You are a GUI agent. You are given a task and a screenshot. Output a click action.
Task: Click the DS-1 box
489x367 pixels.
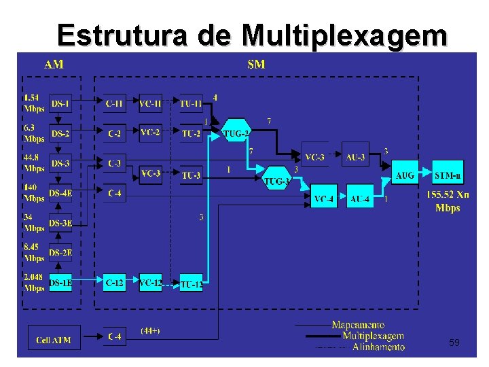click(60, 104)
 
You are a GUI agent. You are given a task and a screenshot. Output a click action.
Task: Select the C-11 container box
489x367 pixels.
click(114, 104)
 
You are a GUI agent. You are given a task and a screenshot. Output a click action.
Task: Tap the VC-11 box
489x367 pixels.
click(150, 104)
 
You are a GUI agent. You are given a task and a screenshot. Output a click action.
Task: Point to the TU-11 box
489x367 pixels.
click(191, 104)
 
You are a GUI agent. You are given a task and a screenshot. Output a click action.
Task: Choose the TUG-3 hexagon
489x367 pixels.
click(276, 179)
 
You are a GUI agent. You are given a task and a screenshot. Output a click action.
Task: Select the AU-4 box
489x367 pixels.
click(360, 198)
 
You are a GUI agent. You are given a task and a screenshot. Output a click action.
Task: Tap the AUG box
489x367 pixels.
click(405, 175)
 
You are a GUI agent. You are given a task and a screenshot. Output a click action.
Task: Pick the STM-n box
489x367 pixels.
click(448, 175)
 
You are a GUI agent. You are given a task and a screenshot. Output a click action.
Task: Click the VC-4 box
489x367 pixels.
click(323, 198)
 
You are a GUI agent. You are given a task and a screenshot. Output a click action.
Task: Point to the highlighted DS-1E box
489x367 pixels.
click(60, 281)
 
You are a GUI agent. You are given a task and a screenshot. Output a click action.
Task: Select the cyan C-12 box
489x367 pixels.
click(114, 281)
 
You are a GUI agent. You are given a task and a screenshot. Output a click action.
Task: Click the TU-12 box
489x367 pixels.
click(191, 284)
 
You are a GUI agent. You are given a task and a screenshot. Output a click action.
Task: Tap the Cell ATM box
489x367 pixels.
click(54, 338)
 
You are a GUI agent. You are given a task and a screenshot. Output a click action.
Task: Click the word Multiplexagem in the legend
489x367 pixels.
click(373, 336)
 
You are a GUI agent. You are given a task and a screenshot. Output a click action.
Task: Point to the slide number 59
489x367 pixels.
click(454, 343)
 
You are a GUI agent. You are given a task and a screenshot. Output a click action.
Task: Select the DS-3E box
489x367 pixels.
click(60, 224)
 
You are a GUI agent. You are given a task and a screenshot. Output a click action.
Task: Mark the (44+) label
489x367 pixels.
click(150, 330)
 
